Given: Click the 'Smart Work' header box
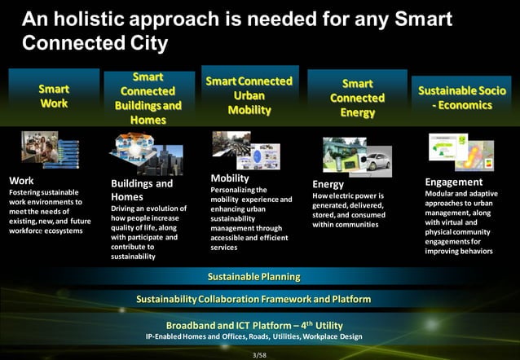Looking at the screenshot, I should pos(54,96).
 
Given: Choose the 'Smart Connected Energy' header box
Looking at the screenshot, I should pos(357,98).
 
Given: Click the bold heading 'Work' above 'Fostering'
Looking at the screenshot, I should pos(20,180).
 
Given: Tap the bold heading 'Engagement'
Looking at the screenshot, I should pos(454,182).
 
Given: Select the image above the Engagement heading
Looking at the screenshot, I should pos(461,151).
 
